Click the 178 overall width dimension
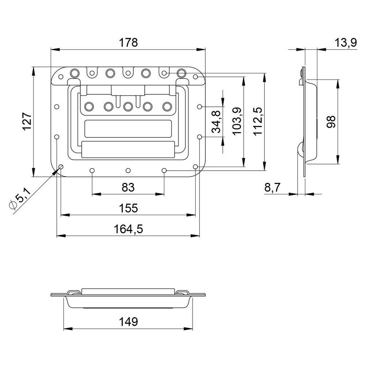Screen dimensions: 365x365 [128, 43]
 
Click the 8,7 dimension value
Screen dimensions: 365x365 [273, 188]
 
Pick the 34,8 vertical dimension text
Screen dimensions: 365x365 [216, 121]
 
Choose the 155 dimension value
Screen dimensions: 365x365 [128, 208]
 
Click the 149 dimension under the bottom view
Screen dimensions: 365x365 [128, 322]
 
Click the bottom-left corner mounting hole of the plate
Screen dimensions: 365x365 [60, 167]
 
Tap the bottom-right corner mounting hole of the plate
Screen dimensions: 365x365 [196, 167]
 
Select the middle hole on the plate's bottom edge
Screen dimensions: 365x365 [128, 170]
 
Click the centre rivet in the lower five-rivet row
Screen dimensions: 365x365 [128, 106]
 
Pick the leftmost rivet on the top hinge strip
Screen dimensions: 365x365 [74, 72]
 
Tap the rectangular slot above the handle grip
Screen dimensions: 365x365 [128, 128]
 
